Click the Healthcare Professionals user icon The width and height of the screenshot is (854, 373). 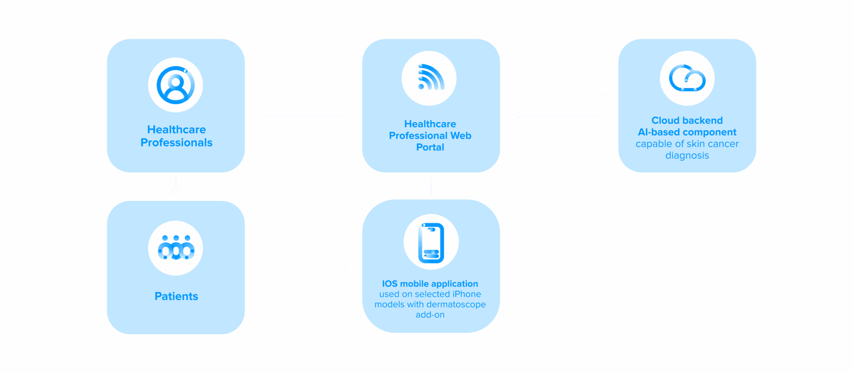175,85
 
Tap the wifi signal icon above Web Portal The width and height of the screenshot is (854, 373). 429,78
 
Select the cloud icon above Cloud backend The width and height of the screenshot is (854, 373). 687,78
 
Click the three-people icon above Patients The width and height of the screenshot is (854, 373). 175,248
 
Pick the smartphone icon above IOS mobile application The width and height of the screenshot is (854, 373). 431,242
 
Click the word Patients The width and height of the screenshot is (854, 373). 176,296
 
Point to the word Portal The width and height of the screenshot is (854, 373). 430,147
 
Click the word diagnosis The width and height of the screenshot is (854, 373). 687,156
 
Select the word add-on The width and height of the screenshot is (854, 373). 430,315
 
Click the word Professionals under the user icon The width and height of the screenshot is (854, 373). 176,143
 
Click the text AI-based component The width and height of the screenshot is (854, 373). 687,132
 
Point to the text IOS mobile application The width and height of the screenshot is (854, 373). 430,284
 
